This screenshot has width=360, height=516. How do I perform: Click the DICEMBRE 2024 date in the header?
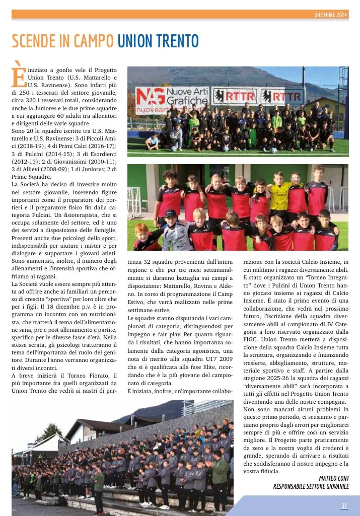(x=330, y=15)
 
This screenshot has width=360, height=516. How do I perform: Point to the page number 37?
(x=344, y=506)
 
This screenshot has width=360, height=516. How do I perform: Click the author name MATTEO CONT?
(x=334, y=478)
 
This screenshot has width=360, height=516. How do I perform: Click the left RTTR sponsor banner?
(x=235, y=96)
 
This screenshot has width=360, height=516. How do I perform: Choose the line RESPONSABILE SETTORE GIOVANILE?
(x=311, y=486)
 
